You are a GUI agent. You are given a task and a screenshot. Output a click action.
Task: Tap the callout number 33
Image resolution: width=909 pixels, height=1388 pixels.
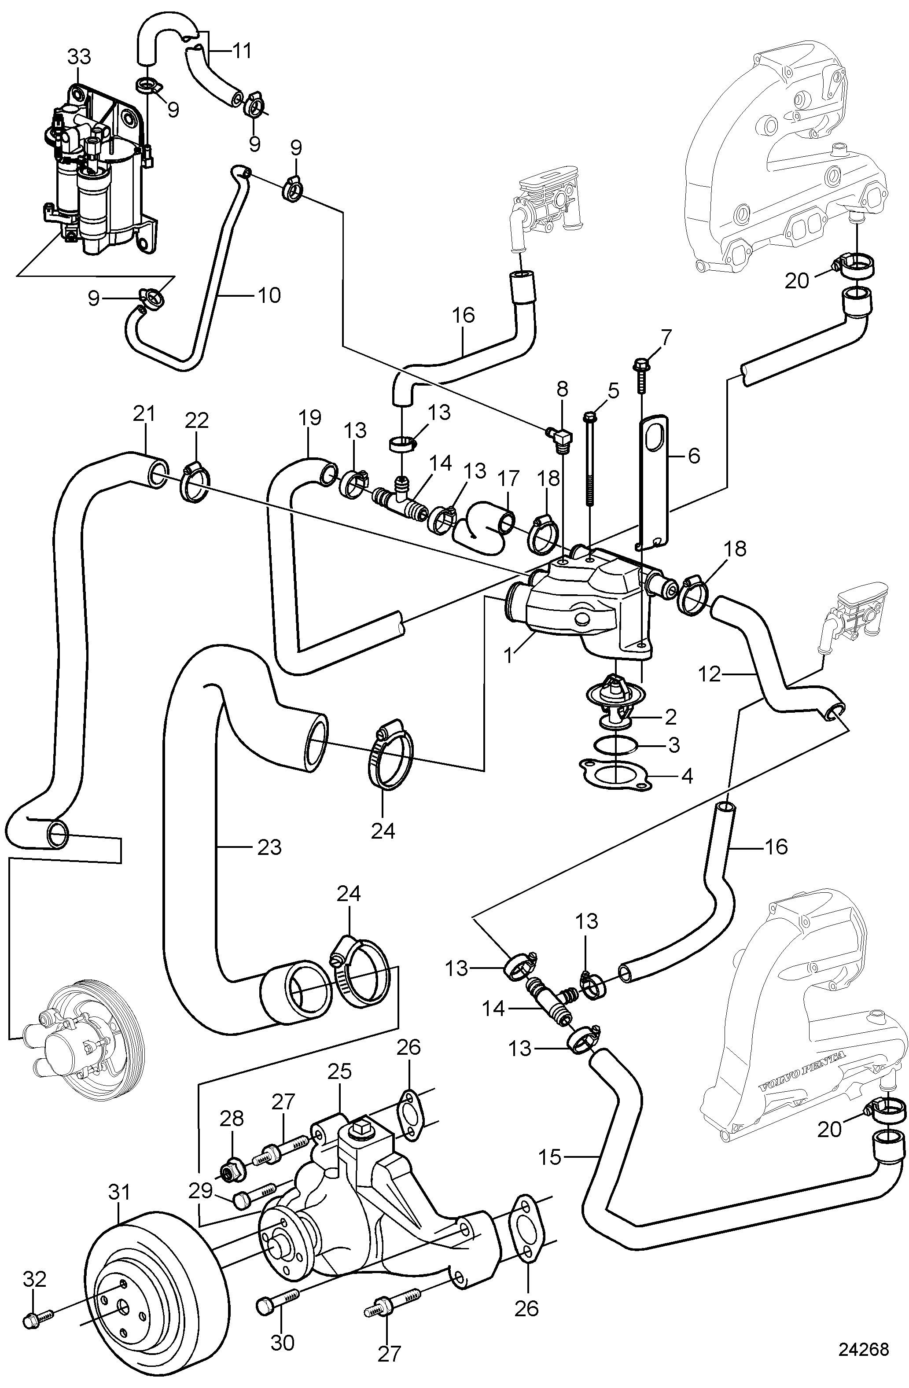coord(79,57)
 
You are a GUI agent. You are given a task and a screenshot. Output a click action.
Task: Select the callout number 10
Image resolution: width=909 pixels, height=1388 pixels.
coord(269,295)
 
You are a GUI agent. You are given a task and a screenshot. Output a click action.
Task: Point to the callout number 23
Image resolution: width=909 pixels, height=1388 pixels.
coord(269,847)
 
